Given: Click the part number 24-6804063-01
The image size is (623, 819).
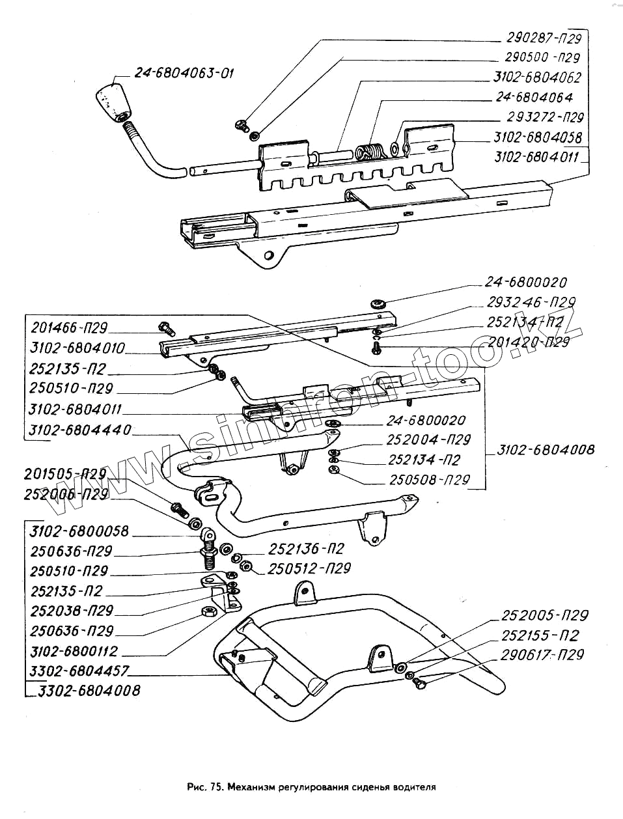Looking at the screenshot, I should pyautogui.click(x=184, y=72).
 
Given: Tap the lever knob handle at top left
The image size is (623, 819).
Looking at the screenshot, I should pyautogui.click(x=111, y=100).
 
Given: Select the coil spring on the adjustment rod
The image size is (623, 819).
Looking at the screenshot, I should pyautogui.click(x=370, y=152).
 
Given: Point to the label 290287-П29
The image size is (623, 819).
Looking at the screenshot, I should pyautogui.click(x=544, y=37).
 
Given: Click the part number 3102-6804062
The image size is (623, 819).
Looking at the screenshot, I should pyautogui.click(x=537, y=77).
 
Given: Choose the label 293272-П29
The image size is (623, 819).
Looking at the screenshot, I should pyautogui.click(x=545, y=117).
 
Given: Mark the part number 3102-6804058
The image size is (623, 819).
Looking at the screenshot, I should pyautogui.click(x=538, y=137).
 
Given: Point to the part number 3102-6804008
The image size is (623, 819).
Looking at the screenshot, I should pyautogui.click(x=546, y=449).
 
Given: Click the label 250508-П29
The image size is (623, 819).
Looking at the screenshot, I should pyautogui.click(x=430, y=480).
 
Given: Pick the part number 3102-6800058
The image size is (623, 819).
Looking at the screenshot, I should pyautogui.click(x=79, y=531).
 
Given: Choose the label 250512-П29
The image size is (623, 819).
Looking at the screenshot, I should pyautogui.click(x=309, y=568).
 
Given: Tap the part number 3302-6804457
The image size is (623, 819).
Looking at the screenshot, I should pyautogui.click(x=79, y=670).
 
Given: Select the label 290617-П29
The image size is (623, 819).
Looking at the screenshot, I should pyautogui.click(x=542, y=655).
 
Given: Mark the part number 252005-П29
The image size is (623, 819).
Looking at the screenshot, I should pyautogui.click(x=544, y=615).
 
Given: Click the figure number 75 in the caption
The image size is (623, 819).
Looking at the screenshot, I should pyautogui.click(x=215, y=786).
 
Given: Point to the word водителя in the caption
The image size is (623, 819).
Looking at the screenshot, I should pyautogui.click(x=413, y=786).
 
